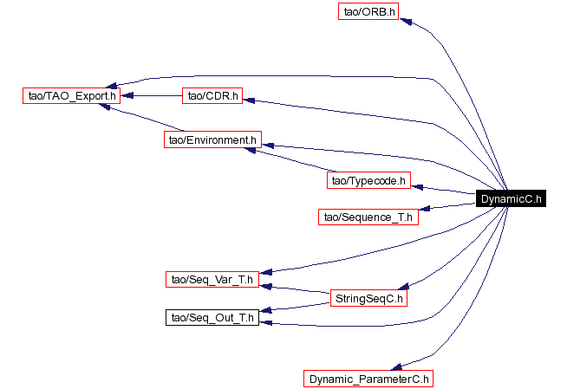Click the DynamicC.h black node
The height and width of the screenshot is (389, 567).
(x=512, y=198)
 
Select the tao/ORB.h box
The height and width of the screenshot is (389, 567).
(x=368, y=12)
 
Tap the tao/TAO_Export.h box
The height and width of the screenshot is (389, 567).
(x=71, y=95)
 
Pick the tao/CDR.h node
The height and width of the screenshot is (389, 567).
(x=212, y=95)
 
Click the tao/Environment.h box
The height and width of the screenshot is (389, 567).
(x=212, y=139)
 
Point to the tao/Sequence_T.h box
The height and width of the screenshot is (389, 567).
(x=368, y=216)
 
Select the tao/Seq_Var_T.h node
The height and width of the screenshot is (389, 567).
(x=212, y=279)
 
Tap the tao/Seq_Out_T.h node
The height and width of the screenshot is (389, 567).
(x=212, y=318)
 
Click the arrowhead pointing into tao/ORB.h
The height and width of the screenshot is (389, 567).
(x=415, y=21)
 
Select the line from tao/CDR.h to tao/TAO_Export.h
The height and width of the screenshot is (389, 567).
(x=152, y=95)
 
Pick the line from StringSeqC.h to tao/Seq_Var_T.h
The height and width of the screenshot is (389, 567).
(x=299, y=289)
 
